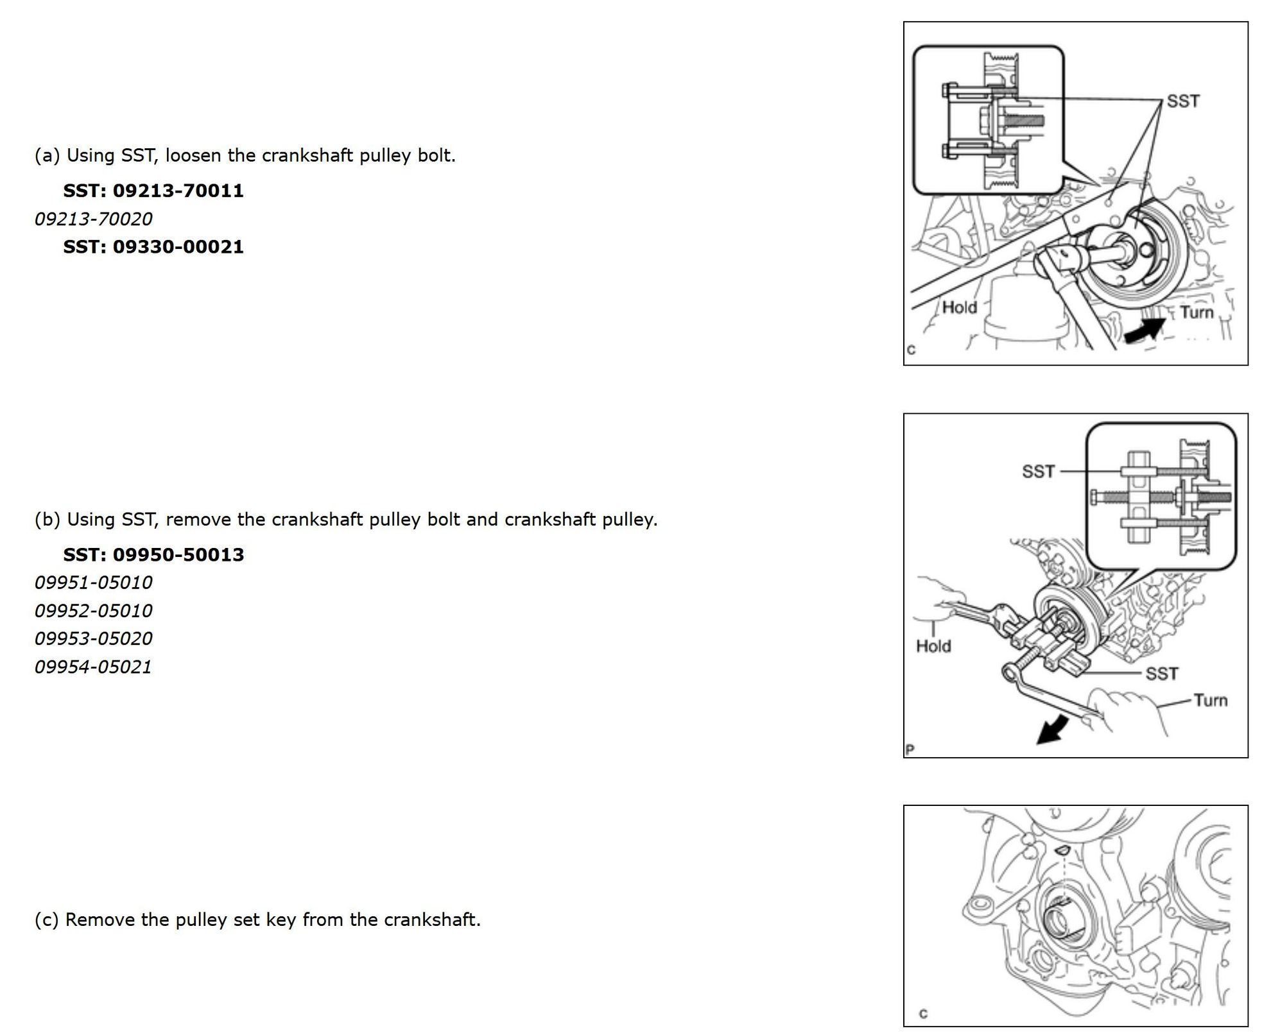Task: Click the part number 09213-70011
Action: tap(178, 191)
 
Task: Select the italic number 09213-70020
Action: tap(94, 219)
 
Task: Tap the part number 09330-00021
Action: tap(178, 247)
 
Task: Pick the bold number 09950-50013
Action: tap(178, 555)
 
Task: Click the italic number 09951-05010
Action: tap(94, 583)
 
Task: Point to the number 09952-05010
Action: tap(94, 611)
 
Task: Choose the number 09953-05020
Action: tap(94, 639)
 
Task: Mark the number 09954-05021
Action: tap(94, 667)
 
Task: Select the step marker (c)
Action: tap(47, 920)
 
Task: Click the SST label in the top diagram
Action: tap(1182, 101)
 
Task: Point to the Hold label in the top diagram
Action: tap(959, 307)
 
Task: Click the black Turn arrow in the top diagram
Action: tap(1144, 330)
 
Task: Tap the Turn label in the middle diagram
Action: tap(1210, 700)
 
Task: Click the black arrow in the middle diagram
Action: tap(1053, 732)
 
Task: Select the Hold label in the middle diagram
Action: tap(933, 646)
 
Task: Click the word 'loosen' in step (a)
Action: tap(194, 156)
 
